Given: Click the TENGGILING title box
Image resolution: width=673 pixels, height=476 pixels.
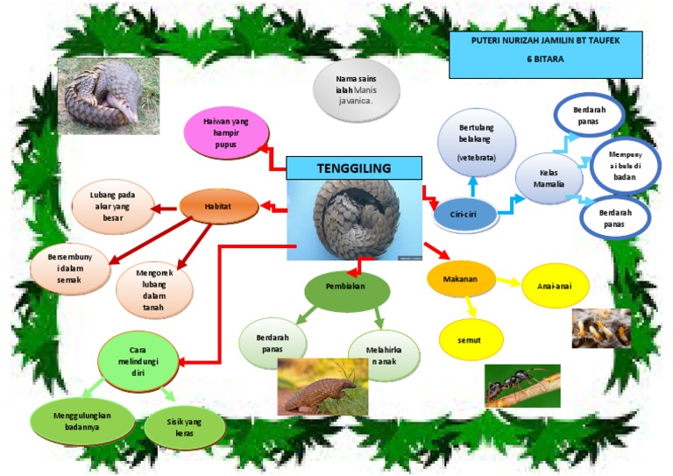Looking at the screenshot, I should point(355,167).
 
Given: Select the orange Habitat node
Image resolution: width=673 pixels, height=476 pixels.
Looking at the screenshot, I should point(219,206).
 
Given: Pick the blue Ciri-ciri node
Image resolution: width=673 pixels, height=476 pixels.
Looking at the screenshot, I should point(464,214).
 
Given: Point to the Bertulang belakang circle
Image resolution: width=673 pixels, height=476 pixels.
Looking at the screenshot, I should point(476,141).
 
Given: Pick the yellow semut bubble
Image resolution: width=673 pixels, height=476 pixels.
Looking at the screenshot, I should point(471,337).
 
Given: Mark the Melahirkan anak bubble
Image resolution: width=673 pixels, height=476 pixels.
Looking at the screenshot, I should point(383,355).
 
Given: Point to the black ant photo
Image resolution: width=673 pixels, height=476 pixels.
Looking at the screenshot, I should point(522,386).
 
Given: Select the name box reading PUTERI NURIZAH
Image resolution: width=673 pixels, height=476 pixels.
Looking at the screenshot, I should point(545,54).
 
